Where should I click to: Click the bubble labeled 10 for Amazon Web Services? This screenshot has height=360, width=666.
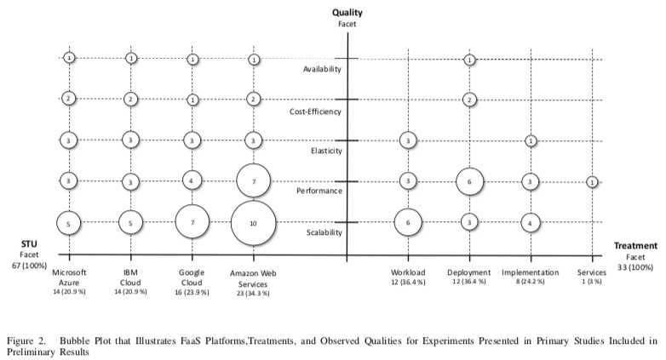253,222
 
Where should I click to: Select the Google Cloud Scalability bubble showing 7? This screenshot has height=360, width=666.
192,222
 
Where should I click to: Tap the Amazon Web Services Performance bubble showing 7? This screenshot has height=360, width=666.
253,180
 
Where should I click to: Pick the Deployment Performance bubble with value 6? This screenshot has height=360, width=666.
469,180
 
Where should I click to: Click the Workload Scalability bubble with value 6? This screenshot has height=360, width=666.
408,222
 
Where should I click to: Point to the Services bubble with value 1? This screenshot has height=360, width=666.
592,181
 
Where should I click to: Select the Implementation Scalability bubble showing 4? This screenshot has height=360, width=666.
531,222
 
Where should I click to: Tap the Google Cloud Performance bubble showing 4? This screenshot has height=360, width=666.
192,180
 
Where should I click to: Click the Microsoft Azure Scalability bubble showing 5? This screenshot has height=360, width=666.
68,222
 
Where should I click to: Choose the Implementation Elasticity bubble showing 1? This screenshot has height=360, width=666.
531,140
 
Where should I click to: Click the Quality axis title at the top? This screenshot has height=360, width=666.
348,14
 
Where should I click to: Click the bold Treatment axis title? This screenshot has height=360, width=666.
634,244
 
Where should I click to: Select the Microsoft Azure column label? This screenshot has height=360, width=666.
69,277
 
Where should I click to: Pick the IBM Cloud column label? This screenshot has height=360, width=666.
130,277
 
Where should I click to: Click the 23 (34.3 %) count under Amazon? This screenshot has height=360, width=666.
253,293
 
